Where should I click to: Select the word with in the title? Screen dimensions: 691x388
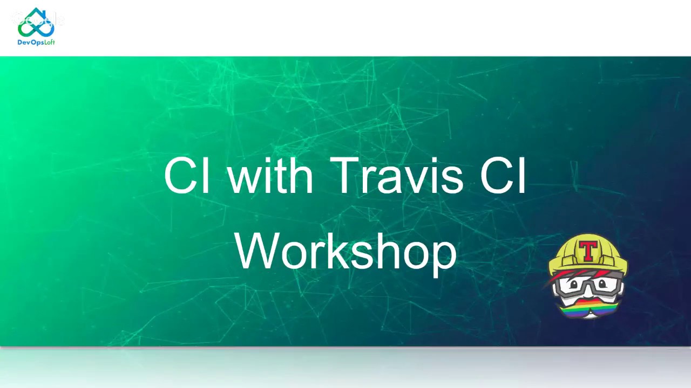point(270,176)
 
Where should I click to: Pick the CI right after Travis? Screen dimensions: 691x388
point(503,176)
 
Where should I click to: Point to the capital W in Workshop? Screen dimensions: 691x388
point(258,251)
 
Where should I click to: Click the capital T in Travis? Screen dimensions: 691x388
point(345,176)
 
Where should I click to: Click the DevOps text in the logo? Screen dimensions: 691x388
point(31,43)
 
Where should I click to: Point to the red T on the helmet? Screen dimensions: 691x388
point(588,251)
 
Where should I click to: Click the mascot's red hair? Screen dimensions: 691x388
point(565,275)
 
